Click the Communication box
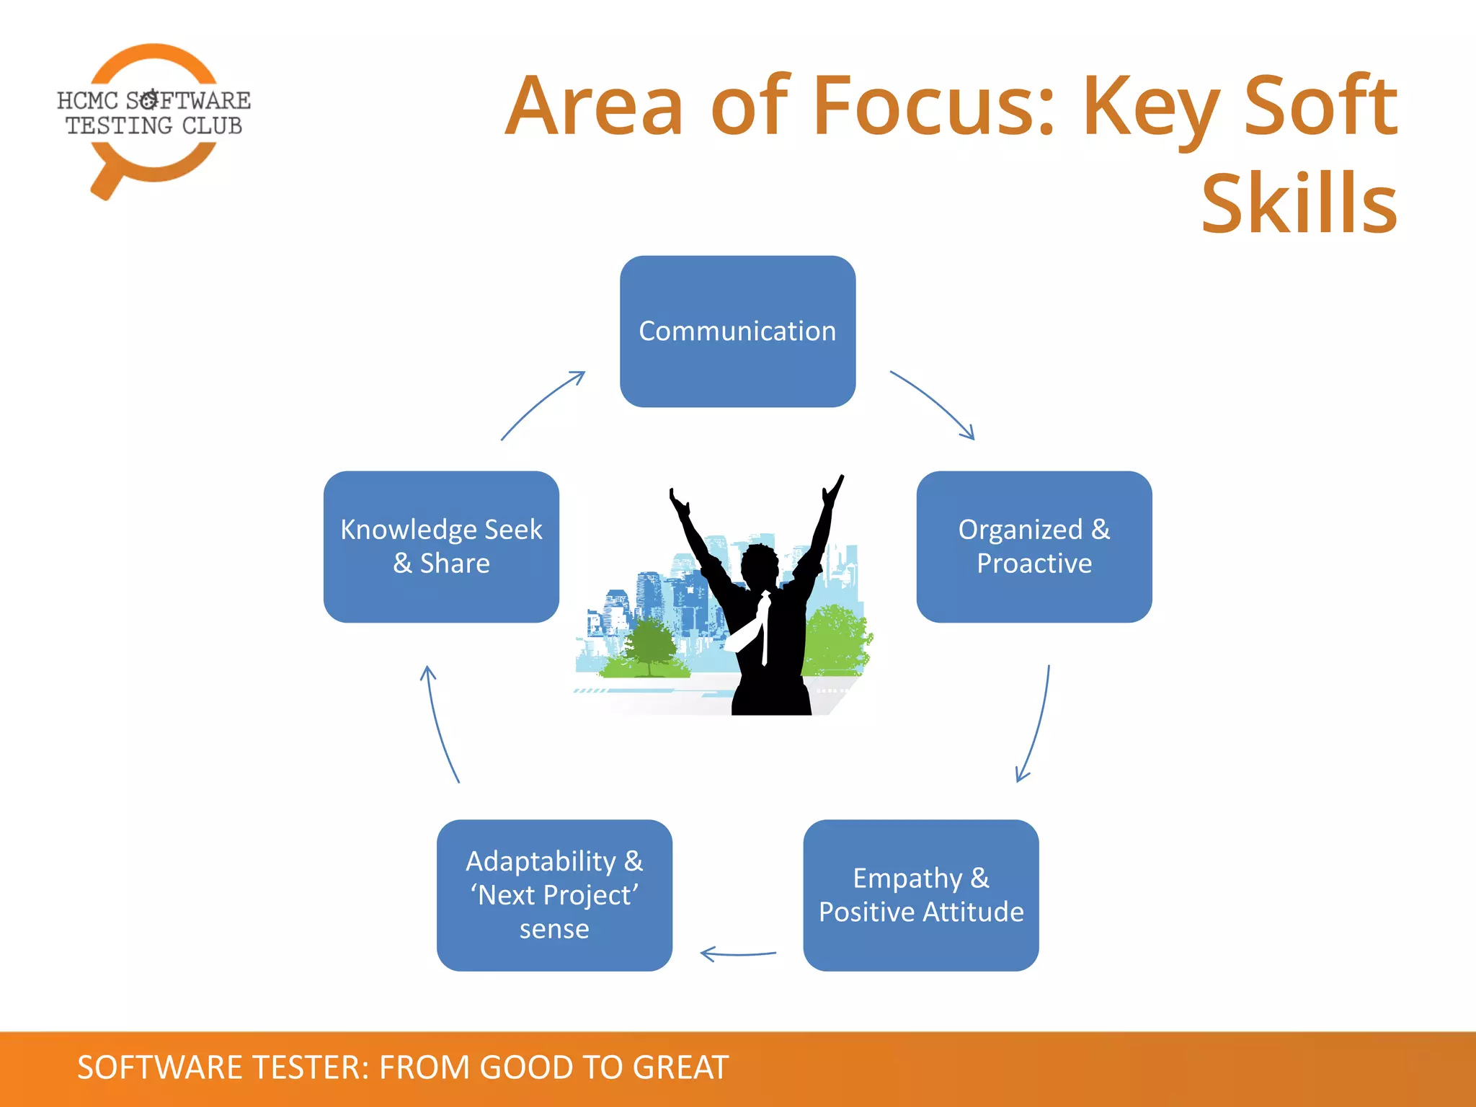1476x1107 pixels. click(x=737, y=332)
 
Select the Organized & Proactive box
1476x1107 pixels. click(x=1033, y=546)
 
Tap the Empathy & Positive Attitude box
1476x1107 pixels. click(x=920, y=895)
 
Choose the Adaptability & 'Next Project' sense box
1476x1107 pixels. click(x=554, y=895)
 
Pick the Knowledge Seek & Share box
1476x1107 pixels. click(x=441, y=546)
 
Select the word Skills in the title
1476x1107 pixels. click(x=1299, y=205)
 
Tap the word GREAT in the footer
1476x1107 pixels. click(x=680, y=1067)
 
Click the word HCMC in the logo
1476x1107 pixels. click(x=86, y=101)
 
